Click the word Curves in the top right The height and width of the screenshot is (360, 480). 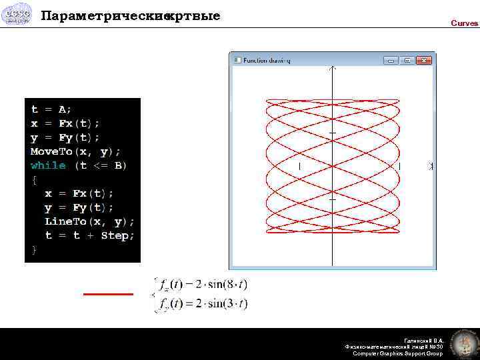(464, 23)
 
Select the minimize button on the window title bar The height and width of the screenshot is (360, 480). (390, 61)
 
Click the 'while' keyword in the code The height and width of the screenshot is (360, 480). (49, 165)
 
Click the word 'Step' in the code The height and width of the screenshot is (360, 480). (117, 235)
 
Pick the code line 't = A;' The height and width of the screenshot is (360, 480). (51, 109)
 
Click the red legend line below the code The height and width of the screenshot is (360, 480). (108, 293)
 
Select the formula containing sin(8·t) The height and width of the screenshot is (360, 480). (201, 285)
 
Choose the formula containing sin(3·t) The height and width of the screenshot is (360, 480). (201, 304)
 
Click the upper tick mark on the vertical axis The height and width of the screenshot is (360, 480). (332, 134)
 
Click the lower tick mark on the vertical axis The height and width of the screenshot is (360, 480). (332, 198)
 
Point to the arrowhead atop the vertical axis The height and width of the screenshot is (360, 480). (332, 68)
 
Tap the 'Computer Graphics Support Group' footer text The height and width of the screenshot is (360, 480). (397, 353)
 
